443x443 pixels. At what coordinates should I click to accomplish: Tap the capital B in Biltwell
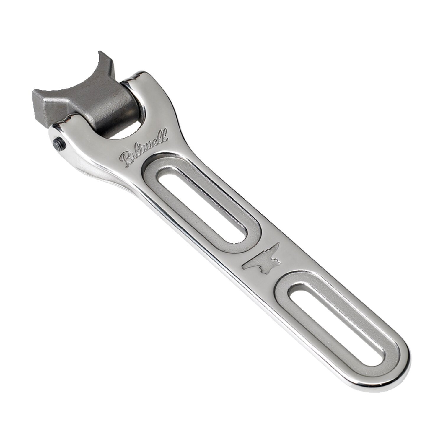126,160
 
